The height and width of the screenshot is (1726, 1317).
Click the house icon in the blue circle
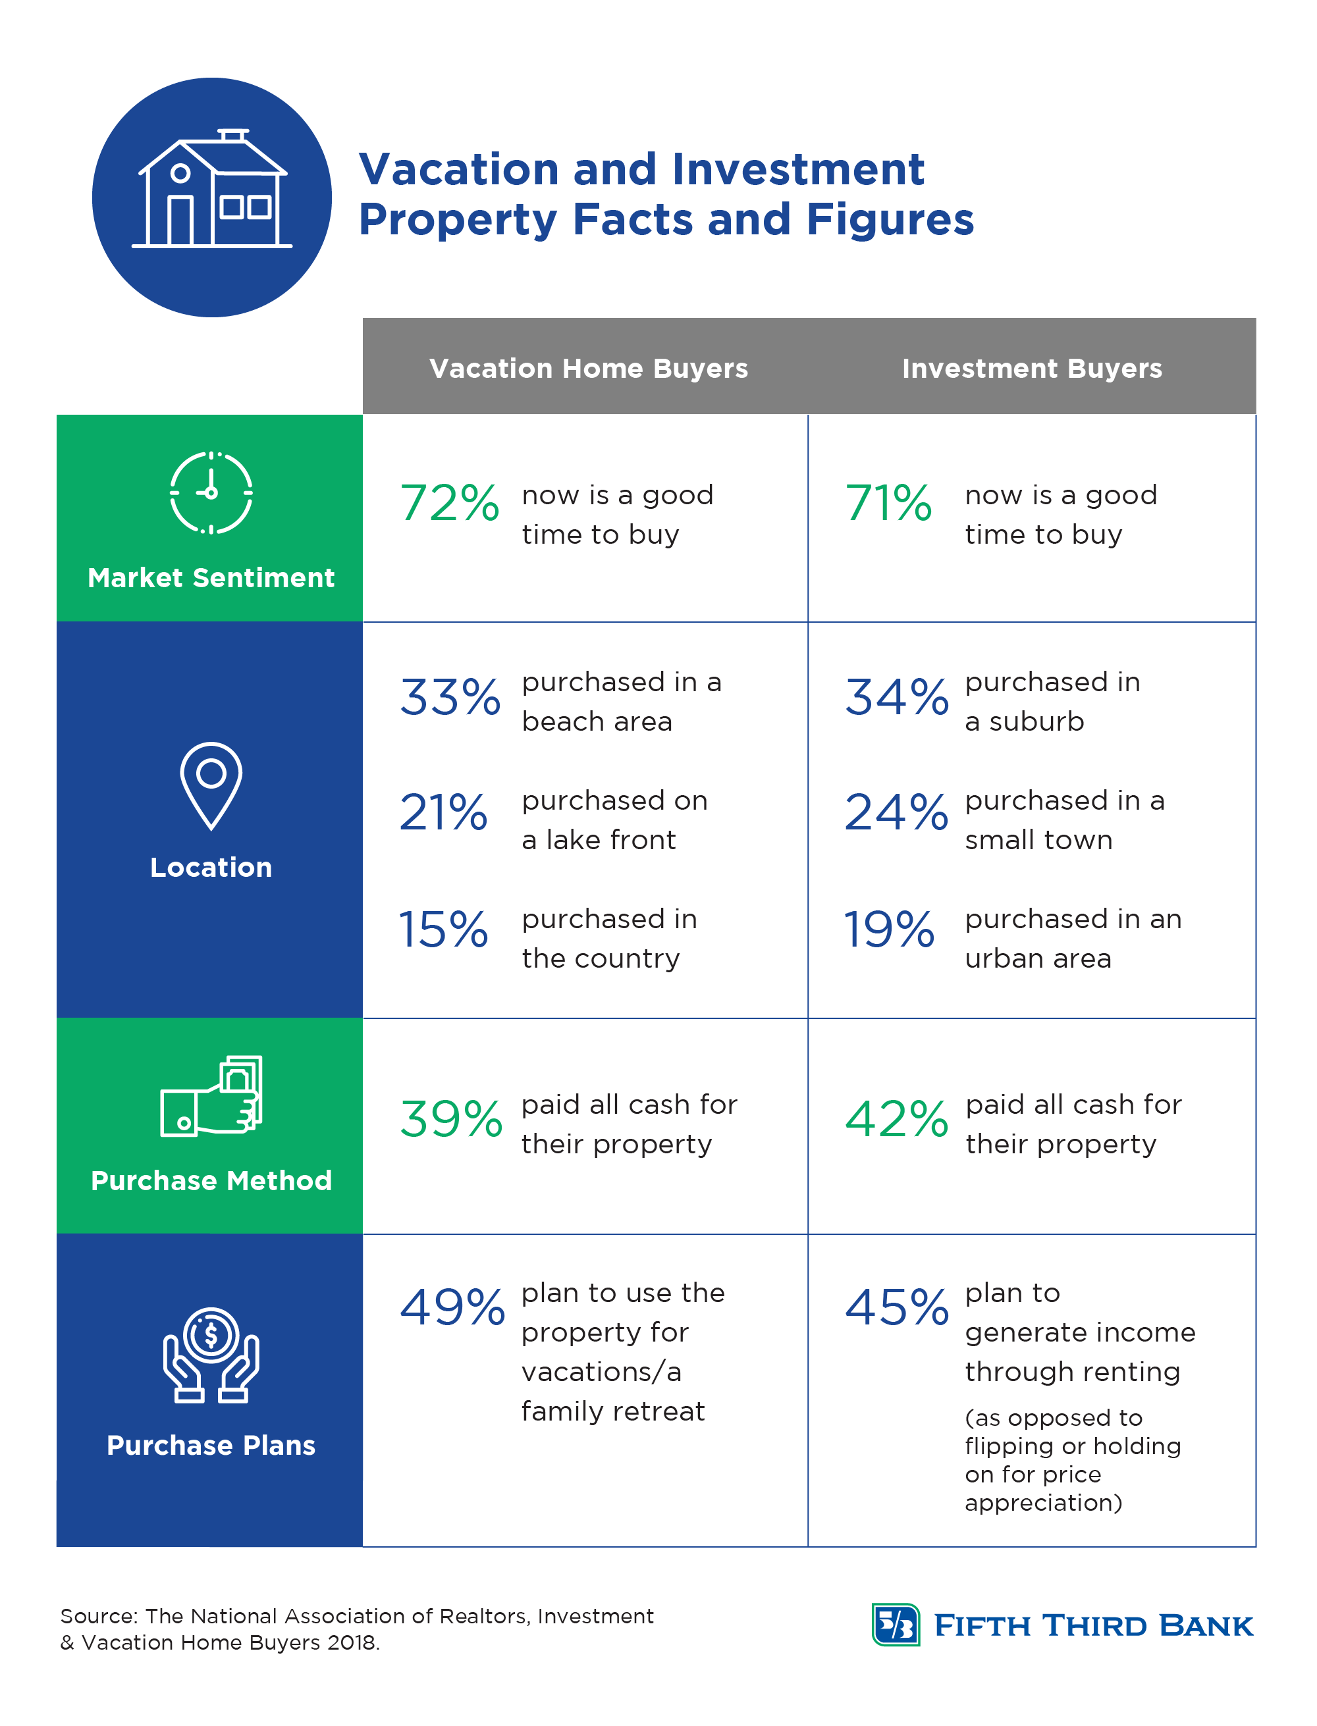pyautogui.click(x=211, y=190)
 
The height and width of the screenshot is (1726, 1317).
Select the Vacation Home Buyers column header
pyautogui.click(x=588, y=368)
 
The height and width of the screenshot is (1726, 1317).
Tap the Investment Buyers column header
pyautogui.click(x=1032, y=368)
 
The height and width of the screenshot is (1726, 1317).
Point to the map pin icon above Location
pyautogui.click(x=211, y=785)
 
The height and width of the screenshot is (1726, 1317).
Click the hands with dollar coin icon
pyautogui.click(x=211, y=1355)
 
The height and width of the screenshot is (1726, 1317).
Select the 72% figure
pyautogui.click(x=449, y=502)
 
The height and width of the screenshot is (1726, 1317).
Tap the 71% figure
pyautogui.click(x=888, y=502)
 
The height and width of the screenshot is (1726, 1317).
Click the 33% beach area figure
pyautogui.click(x=450, y=696)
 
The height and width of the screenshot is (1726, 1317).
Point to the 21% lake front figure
pyautogui.click(x=444, y=812)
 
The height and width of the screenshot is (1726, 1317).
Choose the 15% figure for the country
pyautogui.click(x=444, y=930)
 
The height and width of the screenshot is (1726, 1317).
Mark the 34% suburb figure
pyautogui.click(x=896, y=696)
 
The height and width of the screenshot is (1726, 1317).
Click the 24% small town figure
pyautogui.click(x=896, y=812)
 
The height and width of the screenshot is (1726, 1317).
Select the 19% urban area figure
pyautogui.click(x=889, y=930)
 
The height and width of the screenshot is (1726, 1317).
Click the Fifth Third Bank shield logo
pyautogui.click(x=896, y=1624)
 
